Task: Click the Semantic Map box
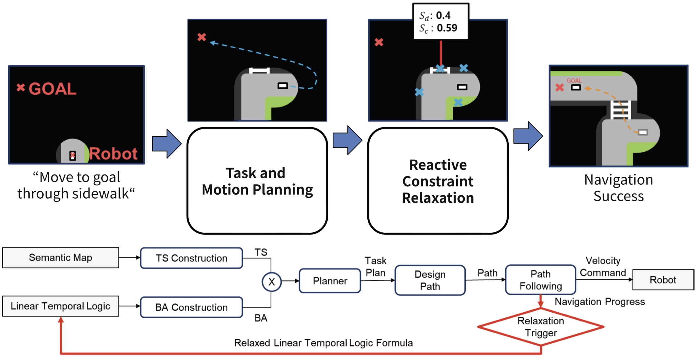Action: point(60,258)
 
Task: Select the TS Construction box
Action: point(191,258)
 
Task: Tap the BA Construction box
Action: point(191,307)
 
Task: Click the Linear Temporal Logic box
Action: point(60,306)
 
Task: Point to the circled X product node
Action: point(271,282)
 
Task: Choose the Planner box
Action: point(330,281)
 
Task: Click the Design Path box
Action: point(430,280)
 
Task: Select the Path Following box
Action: point(540,280)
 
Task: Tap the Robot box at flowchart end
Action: point(663,280)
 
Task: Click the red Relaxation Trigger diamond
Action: point(541,327)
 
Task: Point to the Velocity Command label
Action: point(603,266)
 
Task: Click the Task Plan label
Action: point(375,266)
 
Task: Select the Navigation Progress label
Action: point(600,302)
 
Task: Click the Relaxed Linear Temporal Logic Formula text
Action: point(323,343)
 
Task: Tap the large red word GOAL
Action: point(52,89)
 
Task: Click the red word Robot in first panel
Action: point(113,153)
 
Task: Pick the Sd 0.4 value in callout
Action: point(443,15)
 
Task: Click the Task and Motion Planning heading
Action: point(257,181)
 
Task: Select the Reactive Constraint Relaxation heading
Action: point(438,181)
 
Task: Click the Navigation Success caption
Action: point(618,188)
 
